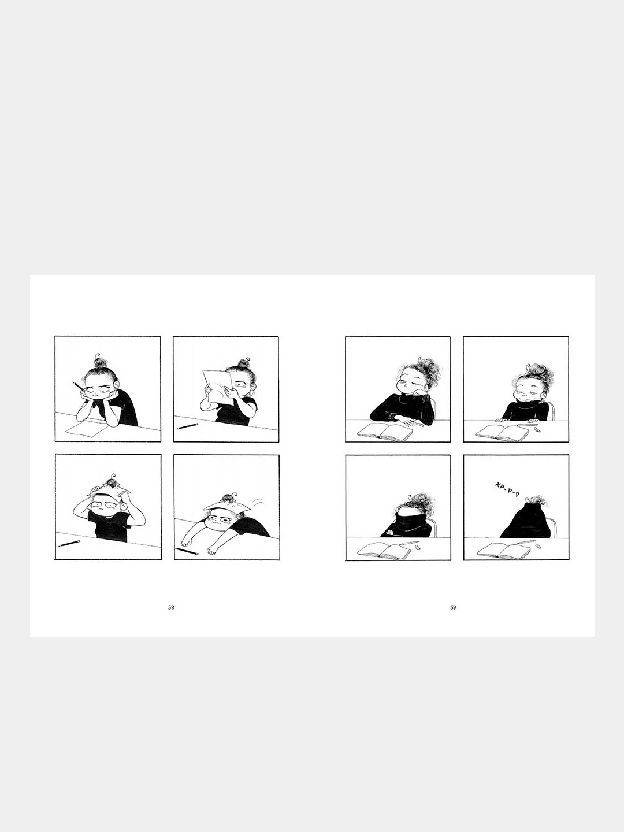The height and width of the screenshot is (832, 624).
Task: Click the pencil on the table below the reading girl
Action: tap(188, 426)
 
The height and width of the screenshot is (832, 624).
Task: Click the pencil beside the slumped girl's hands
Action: tap(187, 551)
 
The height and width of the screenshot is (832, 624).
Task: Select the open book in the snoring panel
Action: tap(503, 551)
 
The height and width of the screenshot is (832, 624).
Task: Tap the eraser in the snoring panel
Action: tap(539, 545)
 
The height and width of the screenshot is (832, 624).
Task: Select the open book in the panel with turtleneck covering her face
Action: tap(384, 551)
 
